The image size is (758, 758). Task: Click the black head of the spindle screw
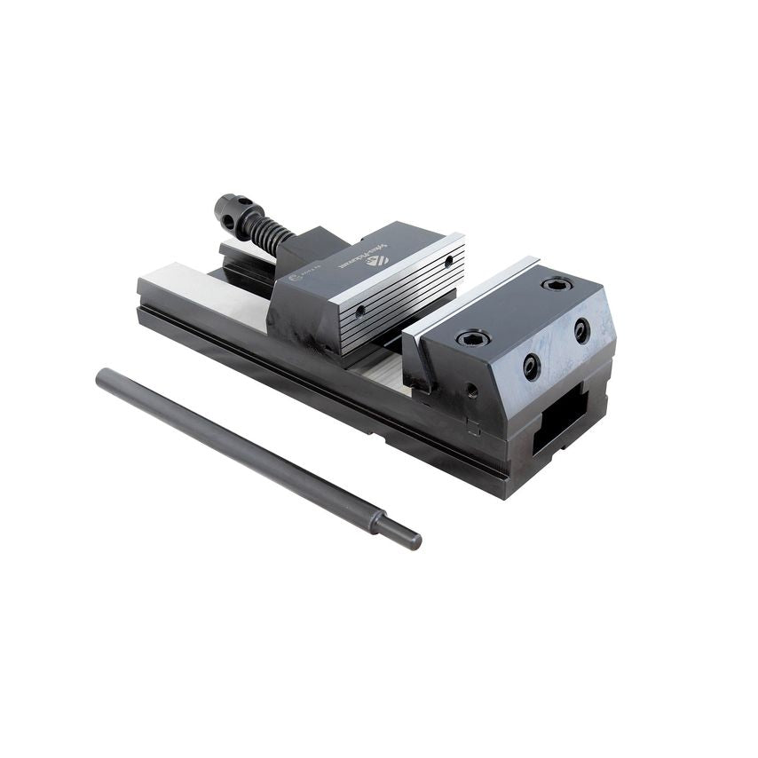(233, 210)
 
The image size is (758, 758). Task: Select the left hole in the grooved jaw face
(360, 312)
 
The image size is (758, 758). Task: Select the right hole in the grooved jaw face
(448, 262)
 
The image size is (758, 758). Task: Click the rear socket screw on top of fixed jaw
(557, 284)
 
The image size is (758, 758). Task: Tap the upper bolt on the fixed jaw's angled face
(581, 331)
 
